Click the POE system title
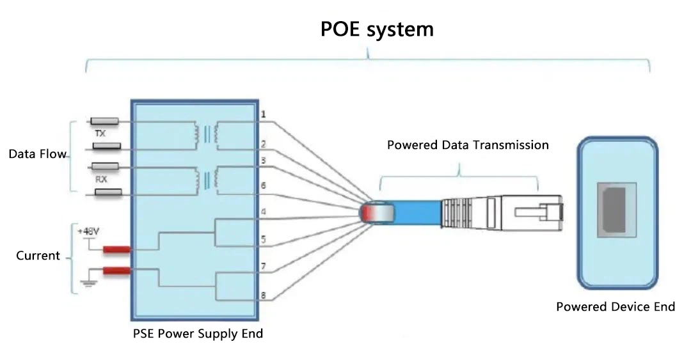[377, 29]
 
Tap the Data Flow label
[37, 154]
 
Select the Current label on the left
[38, 256]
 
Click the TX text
[100, 134]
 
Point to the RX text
[100, 180]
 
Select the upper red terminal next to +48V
[117, 249]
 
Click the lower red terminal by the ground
[117, 271]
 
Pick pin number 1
[263, 114]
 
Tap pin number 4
[263, 212]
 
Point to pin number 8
[263, 295]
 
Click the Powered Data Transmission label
[468, 145]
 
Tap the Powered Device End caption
[615, 307]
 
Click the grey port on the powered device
[617, 210]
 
